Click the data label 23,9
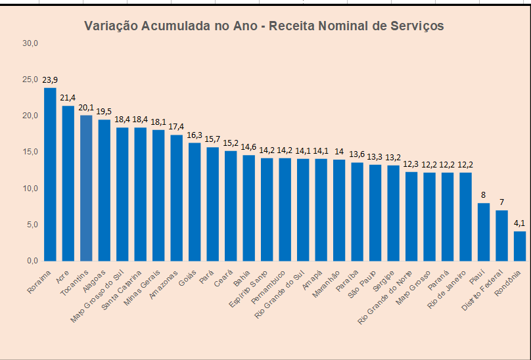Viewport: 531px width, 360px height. tap(50, 80)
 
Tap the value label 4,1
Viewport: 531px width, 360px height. tap(520, 223)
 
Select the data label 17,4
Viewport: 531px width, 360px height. tap(176, 127)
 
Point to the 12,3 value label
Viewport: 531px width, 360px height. tap(411, 164)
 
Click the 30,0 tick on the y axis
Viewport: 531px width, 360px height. tap(31, 43)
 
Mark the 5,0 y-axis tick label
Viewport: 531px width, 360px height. tap(31, 225)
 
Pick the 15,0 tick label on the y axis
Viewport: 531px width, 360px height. tap(31, 152)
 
